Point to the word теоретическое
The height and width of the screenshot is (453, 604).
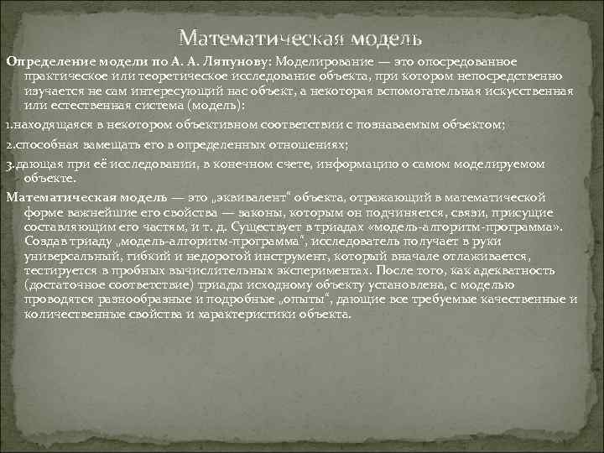pyautogui.click(x=145, y=77)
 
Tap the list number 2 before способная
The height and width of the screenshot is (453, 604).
pyautogui.click(x=8, y=144)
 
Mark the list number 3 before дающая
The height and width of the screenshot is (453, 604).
pyautogui.click(x=8, y=164)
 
